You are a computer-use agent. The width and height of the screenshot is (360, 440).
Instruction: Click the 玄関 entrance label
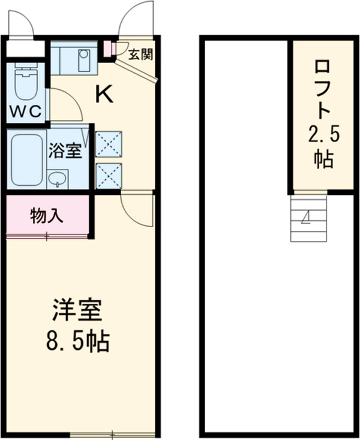tap(141, 55)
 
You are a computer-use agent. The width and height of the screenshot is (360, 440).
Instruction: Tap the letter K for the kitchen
tap(105, 95)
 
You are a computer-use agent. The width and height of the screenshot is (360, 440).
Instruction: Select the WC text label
tap(25, 111)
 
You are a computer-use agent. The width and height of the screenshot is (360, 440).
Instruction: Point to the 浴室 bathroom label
tap(65, 150)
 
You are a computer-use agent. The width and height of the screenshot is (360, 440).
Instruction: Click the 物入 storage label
tap(47, 216)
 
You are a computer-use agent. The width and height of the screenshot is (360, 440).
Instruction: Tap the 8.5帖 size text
tap(77, 342)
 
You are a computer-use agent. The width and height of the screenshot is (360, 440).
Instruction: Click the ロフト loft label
tap(324, 89)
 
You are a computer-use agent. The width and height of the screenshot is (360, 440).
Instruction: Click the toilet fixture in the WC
tap(25, 84)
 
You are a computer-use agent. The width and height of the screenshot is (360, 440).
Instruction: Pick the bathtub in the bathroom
tap(27, 159)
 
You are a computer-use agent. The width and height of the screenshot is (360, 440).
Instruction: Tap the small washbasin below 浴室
tap(58, 179)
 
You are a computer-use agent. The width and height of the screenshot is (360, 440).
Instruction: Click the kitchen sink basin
tap(83, 56)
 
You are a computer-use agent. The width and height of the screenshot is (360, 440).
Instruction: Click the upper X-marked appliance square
tap(109, 144)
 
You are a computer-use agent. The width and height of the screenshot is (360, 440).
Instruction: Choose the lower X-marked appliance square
tap(109, 176)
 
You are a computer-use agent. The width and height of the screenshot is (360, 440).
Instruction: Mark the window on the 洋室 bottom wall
tap(112, 433)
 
